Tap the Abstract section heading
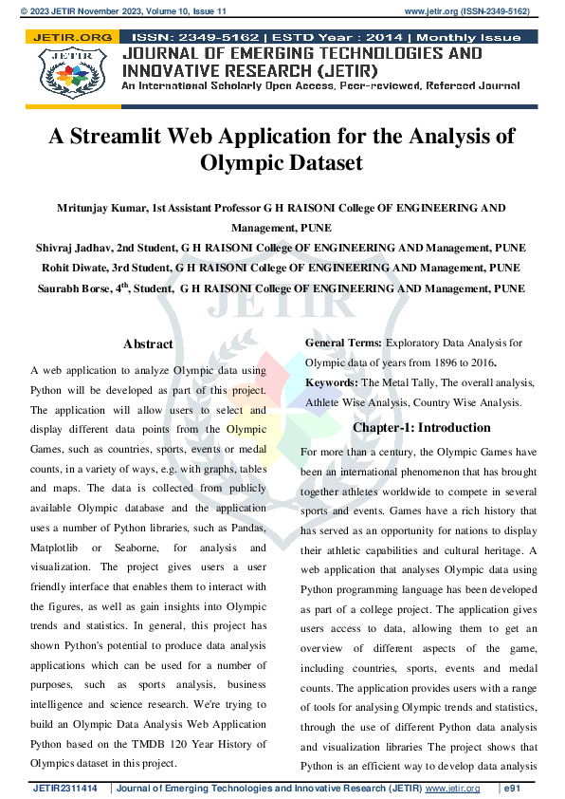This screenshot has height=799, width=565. click(x=148, y=344)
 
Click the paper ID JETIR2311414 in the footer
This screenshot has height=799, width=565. click(x=66, y=789)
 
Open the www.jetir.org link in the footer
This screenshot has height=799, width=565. click(x=451, y=789)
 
